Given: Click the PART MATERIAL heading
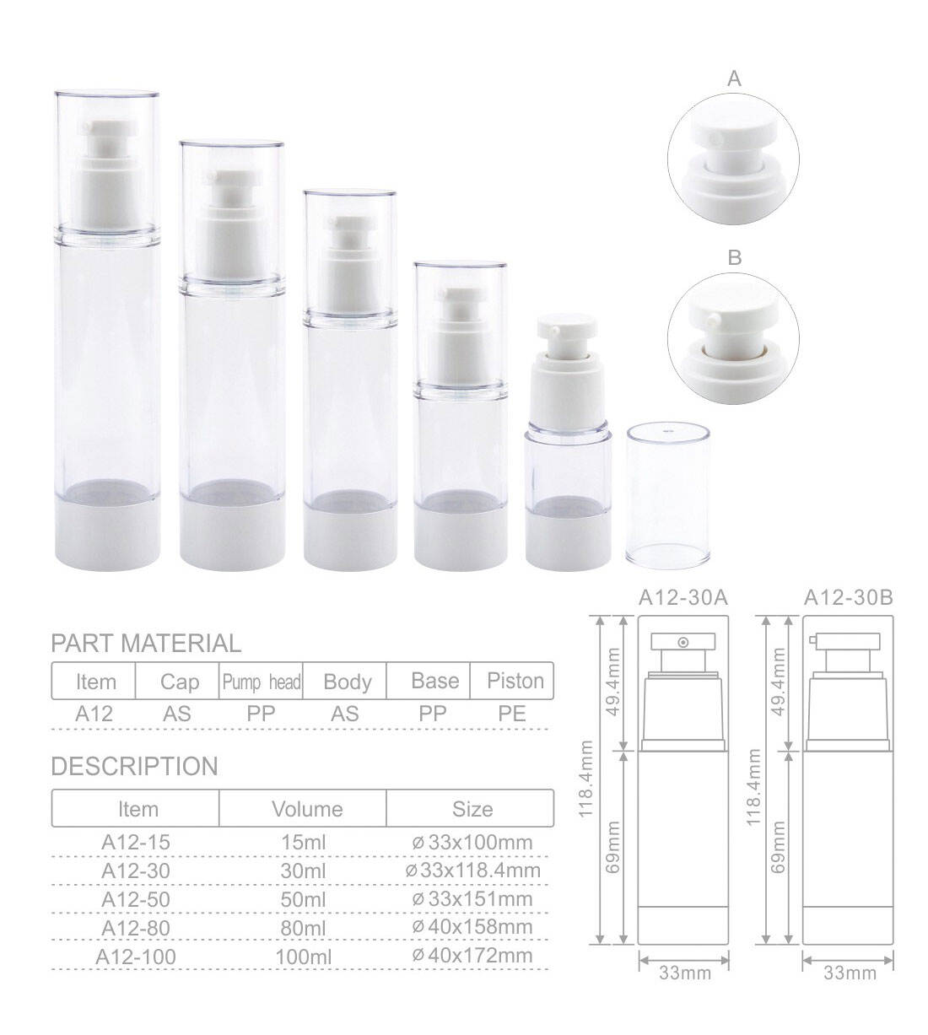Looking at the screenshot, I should pyautogui.click(x=145, y=644).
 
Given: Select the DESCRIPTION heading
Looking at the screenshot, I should pyautogui.click(x=134, y=767).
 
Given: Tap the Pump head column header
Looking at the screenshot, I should pyautogui.click(x=261, y=682).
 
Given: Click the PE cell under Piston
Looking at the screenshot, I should pyautogui.click(x=511, y=714).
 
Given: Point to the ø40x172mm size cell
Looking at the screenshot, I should pyautogui.click(x=472, y=956).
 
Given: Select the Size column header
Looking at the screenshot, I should pyautogui.click(x=472, y=810).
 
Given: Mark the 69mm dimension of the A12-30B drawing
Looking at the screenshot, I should pyautogui.click(x=779, y=846).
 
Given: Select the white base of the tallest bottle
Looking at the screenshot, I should pyautogui.click(x=107, y=538).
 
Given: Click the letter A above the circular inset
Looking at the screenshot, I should pyautogui.click(x=734, y=79).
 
